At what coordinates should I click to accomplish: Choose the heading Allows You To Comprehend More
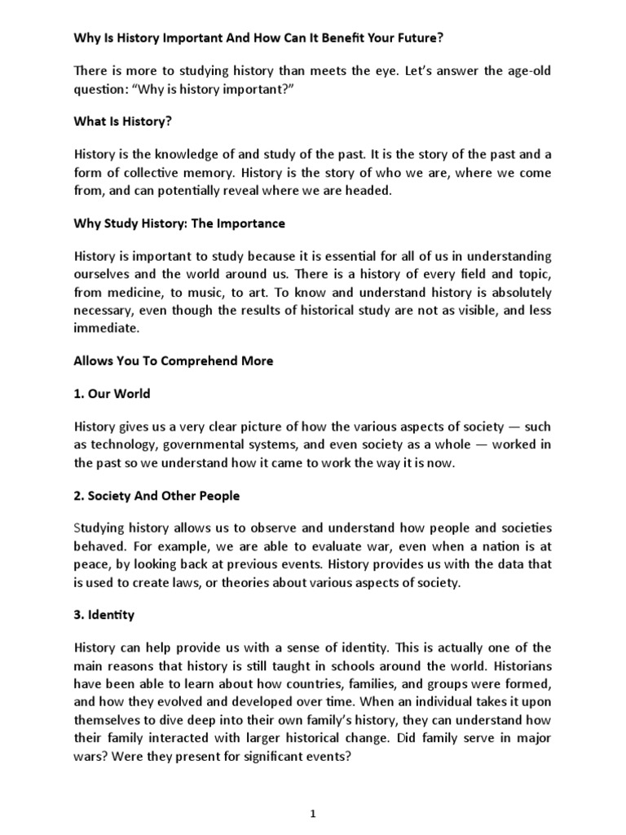pos(174,361)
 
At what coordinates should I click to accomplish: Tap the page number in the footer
pos(313,813)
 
